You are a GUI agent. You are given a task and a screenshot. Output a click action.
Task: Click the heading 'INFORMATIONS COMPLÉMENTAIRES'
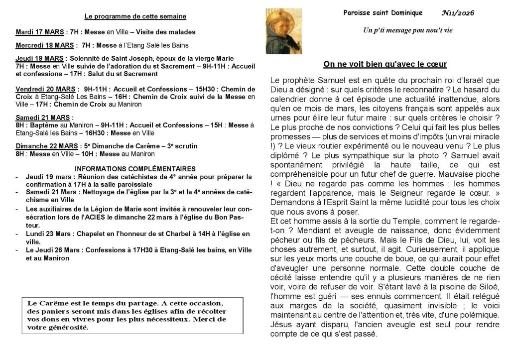click(x=135, y=169)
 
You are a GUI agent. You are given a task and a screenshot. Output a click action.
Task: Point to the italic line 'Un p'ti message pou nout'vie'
click(x=408, y=30)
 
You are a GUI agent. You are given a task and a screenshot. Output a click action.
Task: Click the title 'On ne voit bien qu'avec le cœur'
click(x=385, y=64)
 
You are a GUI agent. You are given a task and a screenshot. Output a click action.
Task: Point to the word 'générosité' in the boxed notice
click(x=67, y=327)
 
